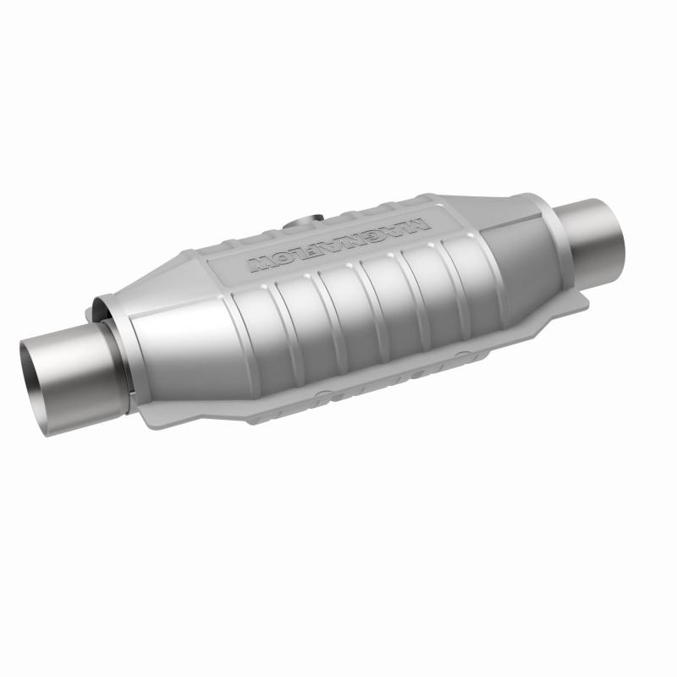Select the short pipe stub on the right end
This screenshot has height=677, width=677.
597,233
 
